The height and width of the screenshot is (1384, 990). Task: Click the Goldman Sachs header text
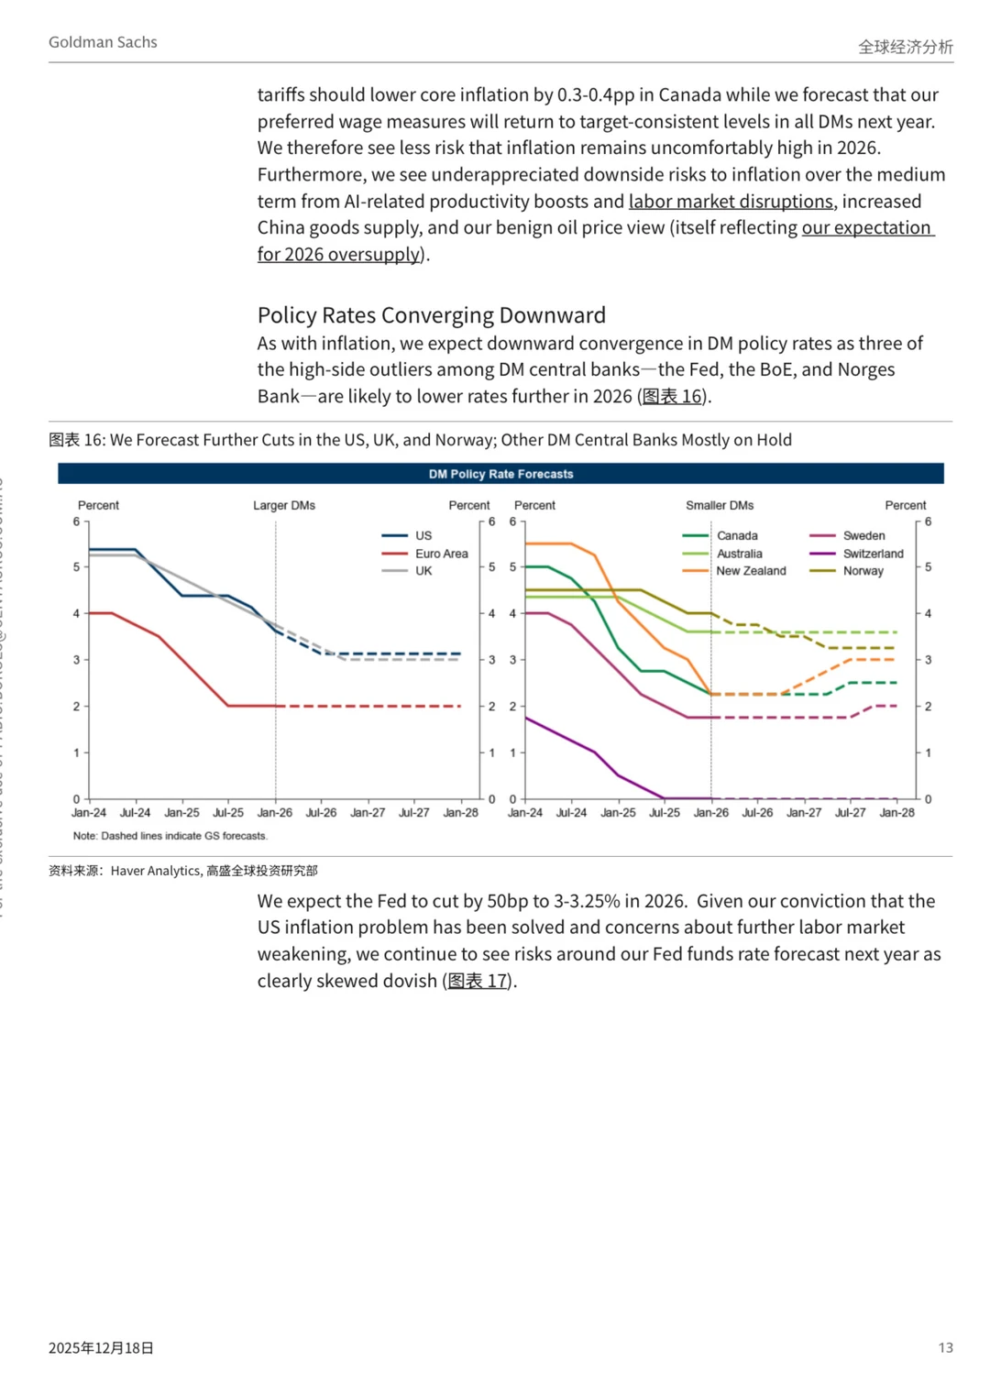coord(103,42)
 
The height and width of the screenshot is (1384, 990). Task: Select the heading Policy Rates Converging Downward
coord(431,315)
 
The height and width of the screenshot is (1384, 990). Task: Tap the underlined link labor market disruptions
coord(731,202)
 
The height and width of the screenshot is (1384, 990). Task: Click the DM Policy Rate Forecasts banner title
coord(500,474)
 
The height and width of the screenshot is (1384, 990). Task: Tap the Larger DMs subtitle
coord(284,505)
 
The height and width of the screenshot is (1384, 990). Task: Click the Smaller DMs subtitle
coord(720,505)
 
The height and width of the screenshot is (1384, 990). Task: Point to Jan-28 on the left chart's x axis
coord(460,813)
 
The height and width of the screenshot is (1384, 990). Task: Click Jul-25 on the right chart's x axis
coord(665,813)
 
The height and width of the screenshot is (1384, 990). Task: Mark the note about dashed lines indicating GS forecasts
coord(170,836)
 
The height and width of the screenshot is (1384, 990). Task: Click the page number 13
coord(945,1347)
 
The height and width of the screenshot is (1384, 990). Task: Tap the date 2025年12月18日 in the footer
coord(101,1347)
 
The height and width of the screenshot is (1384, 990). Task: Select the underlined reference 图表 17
coord(478,981)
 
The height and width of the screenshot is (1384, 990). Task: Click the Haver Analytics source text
coord(155,871)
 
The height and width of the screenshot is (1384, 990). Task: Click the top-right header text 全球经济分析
coord(905,47)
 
